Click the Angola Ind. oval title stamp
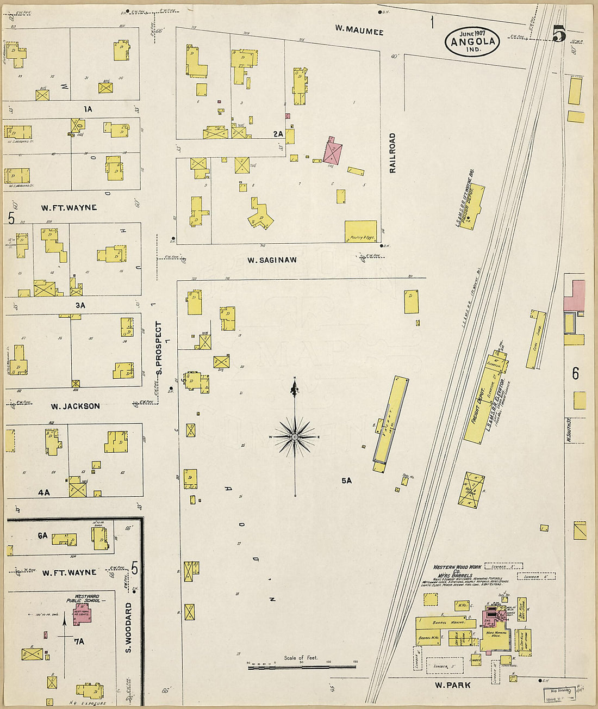click(472, 41)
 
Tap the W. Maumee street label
click(359, 32)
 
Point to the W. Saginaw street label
click(272, 260)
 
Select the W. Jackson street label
click(75, 406)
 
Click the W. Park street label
click(452, 685)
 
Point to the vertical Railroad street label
click(393, 153)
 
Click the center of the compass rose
click(295, 436)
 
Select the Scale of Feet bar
click(302, 666)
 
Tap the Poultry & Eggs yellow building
click(360, 231)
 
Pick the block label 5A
click(346, 480)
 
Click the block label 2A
click(278, 134)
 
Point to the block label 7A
click(79, 642)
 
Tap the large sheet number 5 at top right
click(559, 34)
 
